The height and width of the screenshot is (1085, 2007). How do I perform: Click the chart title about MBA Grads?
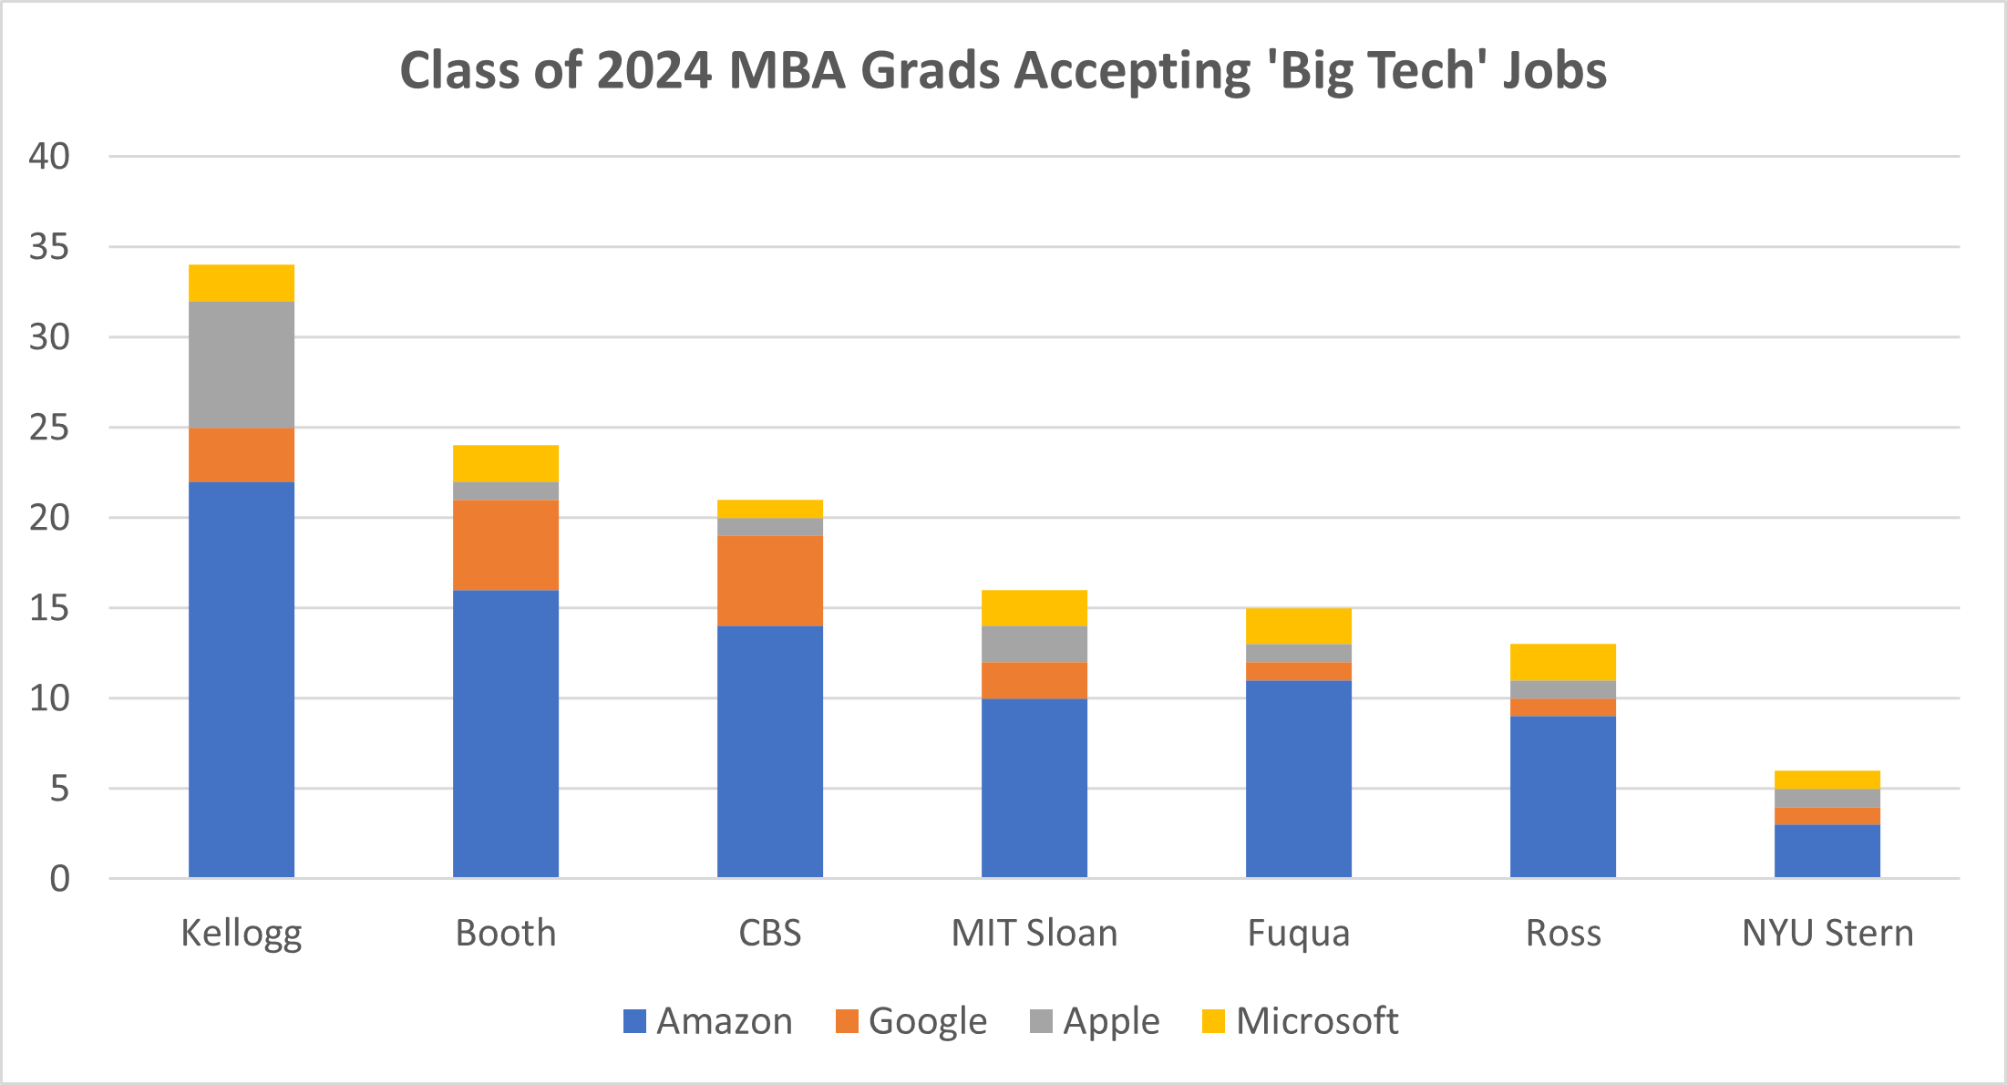(1003, 70)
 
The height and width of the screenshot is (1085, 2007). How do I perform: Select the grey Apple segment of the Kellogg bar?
(242, 365)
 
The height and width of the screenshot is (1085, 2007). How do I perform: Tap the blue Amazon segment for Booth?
(506, 734)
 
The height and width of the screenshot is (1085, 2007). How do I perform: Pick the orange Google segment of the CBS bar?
(770, 580)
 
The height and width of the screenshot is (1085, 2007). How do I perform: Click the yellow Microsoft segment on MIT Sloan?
(1034, 608)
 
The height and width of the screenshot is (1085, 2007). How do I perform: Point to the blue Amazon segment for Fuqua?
(1299, 779)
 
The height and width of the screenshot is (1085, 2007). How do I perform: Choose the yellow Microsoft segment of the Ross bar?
(1563, 662)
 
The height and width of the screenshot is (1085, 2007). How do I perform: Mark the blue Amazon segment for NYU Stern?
(1827, 851)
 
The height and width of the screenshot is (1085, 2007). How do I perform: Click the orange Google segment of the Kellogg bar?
(242, 454)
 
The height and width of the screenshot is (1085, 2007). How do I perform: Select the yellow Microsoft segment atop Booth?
(506, 463)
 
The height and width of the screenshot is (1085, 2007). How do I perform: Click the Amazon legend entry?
(708, 1021)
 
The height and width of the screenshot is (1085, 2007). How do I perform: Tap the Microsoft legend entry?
(1300, 1021)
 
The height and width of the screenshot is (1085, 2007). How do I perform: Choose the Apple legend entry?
(1095, 1021)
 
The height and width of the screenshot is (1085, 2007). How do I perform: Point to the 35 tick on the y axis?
(49, 247)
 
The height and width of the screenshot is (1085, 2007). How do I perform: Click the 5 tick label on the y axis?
(59, 789)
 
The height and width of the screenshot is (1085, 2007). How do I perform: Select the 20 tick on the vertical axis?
(49, 518)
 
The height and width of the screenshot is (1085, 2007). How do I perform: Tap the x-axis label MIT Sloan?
(1034, 934)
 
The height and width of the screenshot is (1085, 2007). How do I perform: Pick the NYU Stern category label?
(1827, 934)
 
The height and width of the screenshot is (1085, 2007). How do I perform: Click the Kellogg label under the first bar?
(242, 934)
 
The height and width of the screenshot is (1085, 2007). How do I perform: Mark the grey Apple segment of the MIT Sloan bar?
(1034, 644)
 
